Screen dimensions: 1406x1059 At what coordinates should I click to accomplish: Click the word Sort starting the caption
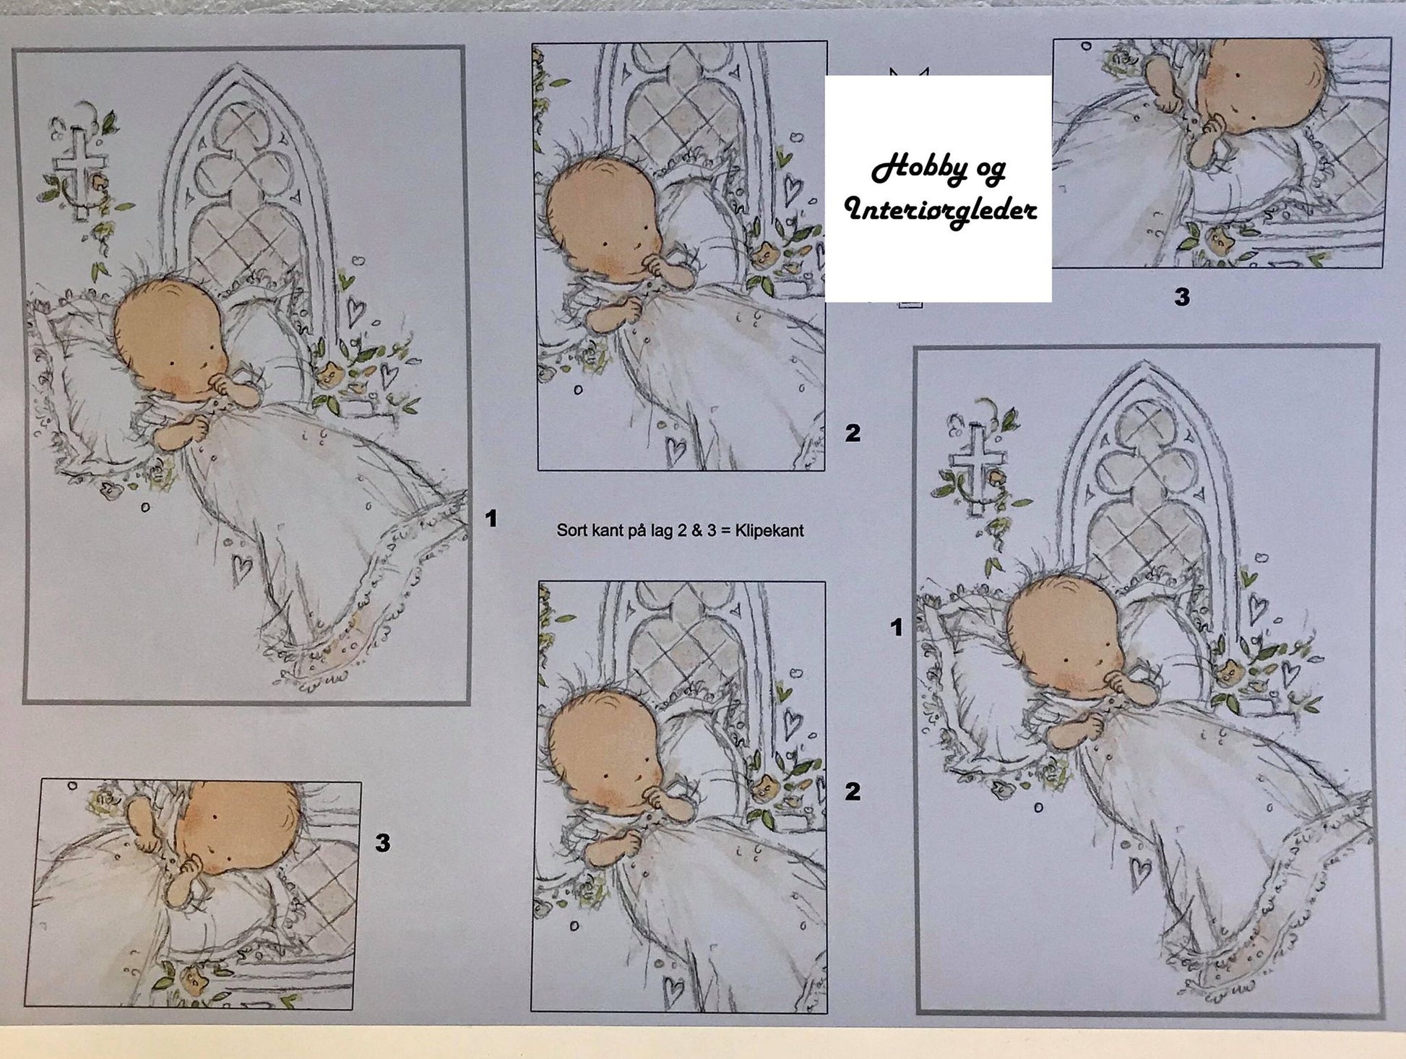click(571, 531)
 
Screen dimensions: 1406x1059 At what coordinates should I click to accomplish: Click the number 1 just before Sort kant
click(491, 519)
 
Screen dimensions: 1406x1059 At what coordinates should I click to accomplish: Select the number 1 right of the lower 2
click(897, 628)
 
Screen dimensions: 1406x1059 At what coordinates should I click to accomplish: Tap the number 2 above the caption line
click(853, 433)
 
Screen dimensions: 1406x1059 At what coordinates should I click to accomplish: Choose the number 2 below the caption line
click(853, 792)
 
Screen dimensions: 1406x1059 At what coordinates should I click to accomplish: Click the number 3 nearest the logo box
click(1182, 297)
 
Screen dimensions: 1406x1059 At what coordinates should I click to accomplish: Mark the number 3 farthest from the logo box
click(383, 842)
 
